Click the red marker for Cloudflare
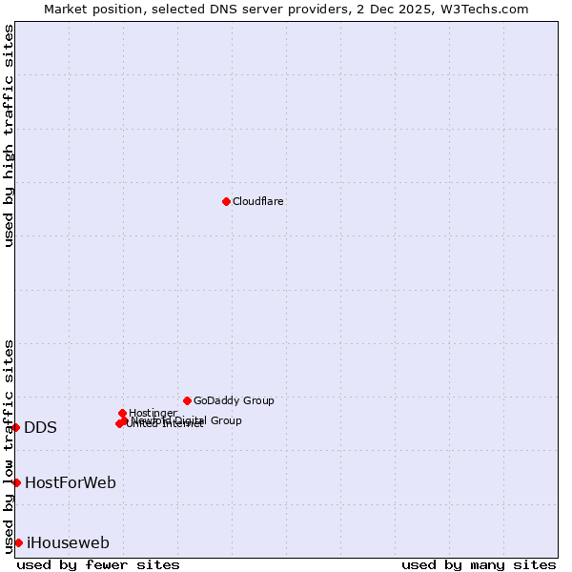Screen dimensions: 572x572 point(226,201)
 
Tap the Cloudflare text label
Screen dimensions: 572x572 point(258,201)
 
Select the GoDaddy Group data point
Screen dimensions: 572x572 point(187,400)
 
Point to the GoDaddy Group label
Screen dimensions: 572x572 point(234,400)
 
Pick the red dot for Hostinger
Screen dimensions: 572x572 point(123,413)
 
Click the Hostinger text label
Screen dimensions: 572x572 point(153,413)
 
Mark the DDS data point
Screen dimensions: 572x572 point(16,427)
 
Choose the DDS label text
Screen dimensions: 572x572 point(40,427)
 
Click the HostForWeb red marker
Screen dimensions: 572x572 point(16,482)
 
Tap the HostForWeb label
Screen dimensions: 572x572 point(71,482)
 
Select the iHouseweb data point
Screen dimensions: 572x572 point(18,542)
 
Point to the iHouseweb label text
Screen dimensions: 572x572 point(68,543)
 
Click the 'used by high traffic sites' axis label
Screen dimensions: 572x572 point(9,135)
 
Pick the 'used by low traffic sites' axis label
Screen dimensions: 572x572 point(9,445)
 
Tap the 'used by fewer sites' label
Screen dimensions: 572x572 point(98,565)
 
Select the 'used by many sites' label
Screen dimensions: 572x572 point(479,565)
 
